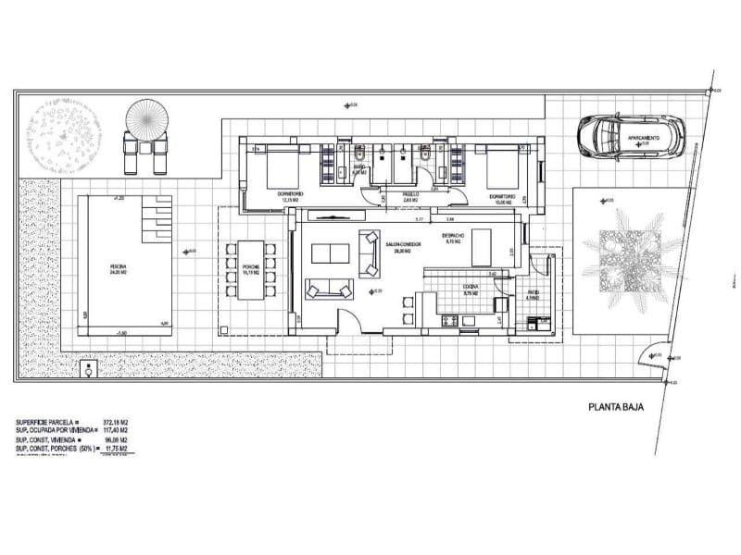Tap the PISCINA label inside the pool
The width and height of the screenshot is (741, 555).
click(116, 267)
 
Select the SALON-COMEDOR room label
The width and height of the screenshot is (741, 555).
click(404, 245)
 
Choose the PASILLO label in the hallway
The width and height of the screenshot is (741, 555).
click(409, 195)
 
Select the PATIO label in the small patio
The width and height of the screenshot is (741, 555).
click(532, 297)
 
